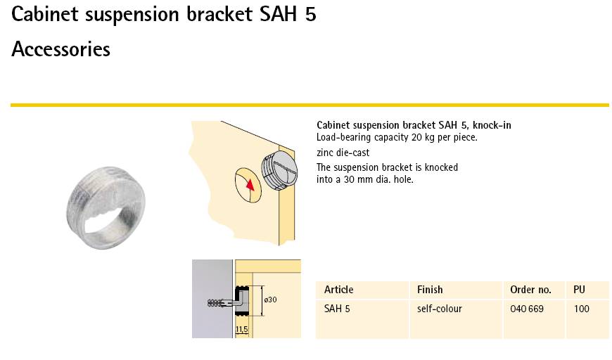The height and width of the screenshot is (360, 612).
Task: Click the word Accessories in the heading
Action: click(61, 49)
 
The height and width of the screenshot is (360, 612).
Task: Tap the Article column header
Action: click(339, 290)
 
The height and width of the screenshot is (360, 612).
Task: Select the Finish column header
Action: click(430, 290)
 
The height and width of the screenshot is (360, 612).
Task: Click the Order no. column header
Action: click(530, 290)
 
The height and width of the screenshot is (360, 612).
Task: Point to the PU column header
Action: click(579, 290)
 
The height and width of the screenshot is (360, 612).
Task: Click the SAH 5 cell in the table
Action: click(337, 309)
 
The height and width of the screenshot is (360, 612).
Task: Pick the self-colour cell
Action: click(439, 309)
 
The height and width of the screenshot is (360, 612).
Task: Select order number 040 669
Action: click(526, 309)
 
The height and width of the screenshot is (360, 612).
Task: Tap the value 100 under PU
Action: click(581, 309)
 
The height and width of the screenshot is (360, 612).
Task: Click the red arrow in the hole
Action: click(250, 185)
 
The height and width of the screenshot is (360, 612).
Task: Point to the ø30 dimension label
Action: click(270, 300)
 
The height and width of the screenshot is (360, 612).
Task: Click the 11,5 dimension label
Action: click(241, 330)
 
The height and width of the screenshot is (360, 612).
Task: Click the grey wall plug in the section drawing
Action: click(217, 303)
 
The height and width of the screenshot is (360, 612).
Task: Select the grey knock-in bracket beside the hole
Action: click(279, 170)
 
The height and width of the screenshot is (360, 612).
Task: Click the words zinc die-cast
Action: click(343, 153)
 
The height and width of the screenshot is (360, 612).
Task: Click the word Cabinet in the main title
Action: click(45, 14)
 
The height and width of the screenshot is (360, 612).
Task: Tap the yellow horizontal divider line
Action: click(310, 105)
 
